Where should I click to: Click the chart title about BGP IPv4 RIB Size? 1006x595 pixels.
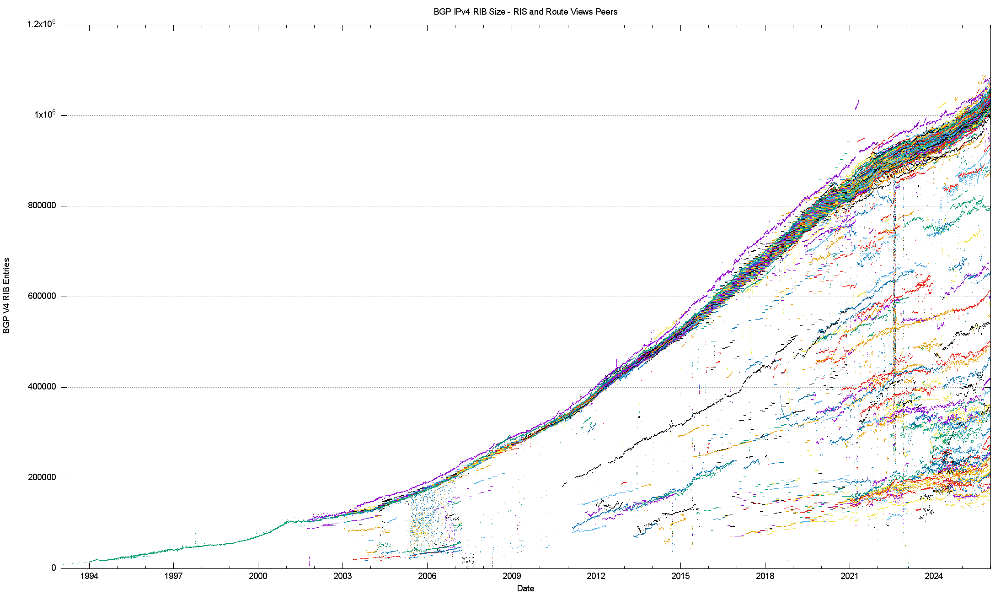[x=525, y=12]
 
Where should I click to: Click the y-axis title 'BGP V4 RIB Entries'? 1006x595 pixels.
[x=6, y=296]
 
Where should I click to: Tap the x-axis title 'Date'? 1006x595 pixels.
[x=525, y=589]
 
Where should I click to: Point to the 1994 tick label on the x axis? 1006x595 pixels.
[x=89, y=576]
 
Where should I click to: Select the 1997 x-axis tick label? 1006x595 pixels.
[x=174, y=576]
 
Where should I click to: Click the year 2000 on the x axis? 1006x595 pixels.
[x=258, y=576]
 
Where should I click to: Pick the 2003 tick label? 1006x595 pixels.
[x=342, y=576]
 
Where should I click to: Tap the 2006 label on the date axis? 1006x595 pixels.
[x=427, y=576]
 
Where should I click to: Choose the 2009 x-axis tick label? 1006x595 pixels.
[x=512, y=576]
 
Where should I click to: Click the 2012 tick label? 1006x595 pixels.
[x=596, y=576]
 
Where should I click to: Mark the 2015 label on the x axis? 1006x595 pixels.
[x=680, y=576]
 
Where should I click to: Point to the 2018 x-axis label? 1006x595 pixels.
[x=765, y=576]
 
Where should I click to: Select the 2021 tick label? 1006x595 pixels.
[x=850, y=576]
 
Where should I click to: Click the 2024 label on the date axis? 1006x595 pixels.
[x=934, y=576]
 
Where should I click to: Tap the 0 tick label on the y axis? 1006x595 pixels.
[x=54, y=568]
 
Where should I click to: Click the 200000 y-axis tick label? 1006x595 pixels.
[x=42, y=477]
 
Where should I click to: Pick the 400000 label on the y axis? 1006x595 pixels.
[x=42, y=387]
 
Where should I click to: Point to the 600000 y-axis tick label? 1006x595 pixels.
[x=42, y=296]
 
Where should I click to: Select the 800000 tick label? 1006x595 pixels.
[x=42, y=206]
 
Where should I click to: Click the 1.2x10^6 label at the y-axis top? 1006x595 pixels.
[x=42, y=24]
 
